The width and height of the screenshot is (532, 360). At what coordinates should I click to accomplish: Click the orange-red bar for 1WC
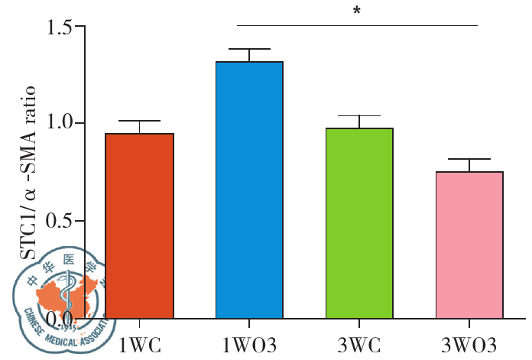coord(140,225)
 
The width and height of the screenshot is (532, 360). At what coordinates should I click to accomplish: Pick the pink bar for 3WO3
coord(469,245)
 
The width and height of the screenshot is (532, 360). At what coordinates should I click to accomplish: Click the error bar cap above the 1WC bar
coord(140,122)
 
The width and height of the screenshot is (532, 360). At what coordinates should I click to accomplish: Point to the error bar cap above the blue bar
coord(249,49)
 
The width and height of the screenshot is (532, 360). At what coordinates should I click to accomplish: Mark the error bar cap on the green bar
coord(359,116)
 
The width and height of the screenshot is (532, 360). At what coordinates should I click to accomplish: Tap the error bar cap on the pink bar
coord(469,159)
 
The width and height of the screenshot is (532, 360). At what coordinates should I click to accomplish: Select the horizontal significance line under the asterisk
coord(356,25)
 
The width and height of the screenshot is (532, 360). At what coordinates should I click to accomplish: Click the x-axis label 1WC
coord(140,342)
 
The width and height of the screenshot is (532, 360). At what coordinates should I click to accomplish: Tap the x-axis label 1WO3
coord(249,342)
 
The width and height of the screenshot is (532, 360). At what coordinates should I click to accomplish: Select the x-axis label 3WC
coord(359,342)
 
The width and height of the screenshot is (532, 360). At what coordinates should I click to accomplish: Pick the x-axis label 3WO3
coord(469,342)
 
